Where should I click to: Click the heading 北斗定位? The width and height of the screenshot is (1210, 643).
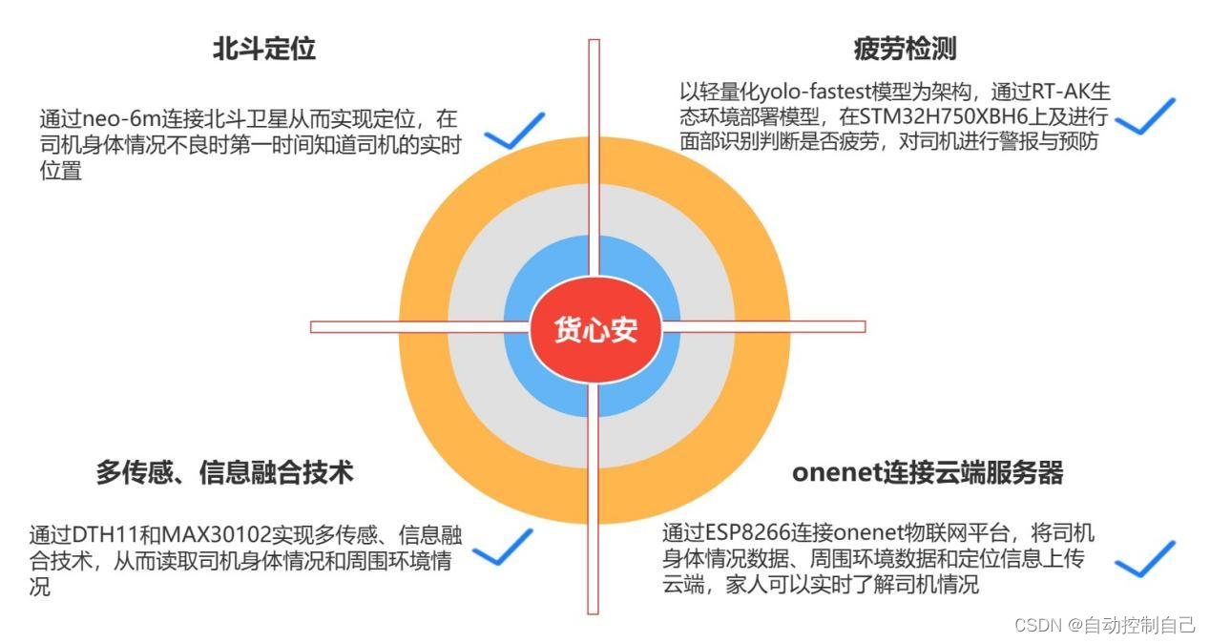click(x=263, y=50)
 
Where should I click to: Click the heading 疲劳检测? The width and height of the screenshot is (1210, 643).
click(x=905, y=49)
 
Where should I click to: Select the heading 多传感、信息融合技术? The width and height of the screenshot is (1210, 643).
click(x=224, y=471)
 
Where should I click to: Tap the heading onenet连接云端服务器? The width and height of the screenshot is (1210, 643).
click(x=927, y=472)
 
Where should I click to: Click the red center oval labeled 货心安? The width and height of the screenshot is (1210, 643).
click(x=595, y=330)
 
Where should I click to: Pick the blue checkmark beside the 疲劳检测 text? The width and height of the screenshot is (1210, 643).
click(x=1144, y=116)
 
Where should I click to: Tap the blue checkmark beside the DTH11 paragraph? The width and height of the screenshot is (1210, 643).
click(x=502, y=548)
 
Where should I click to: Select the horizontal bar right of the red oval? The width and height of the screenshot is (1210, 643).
click(x=763, y=326)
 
